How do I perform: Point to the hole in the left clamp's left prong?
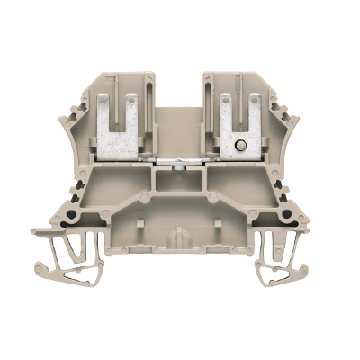coord(112,102)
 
